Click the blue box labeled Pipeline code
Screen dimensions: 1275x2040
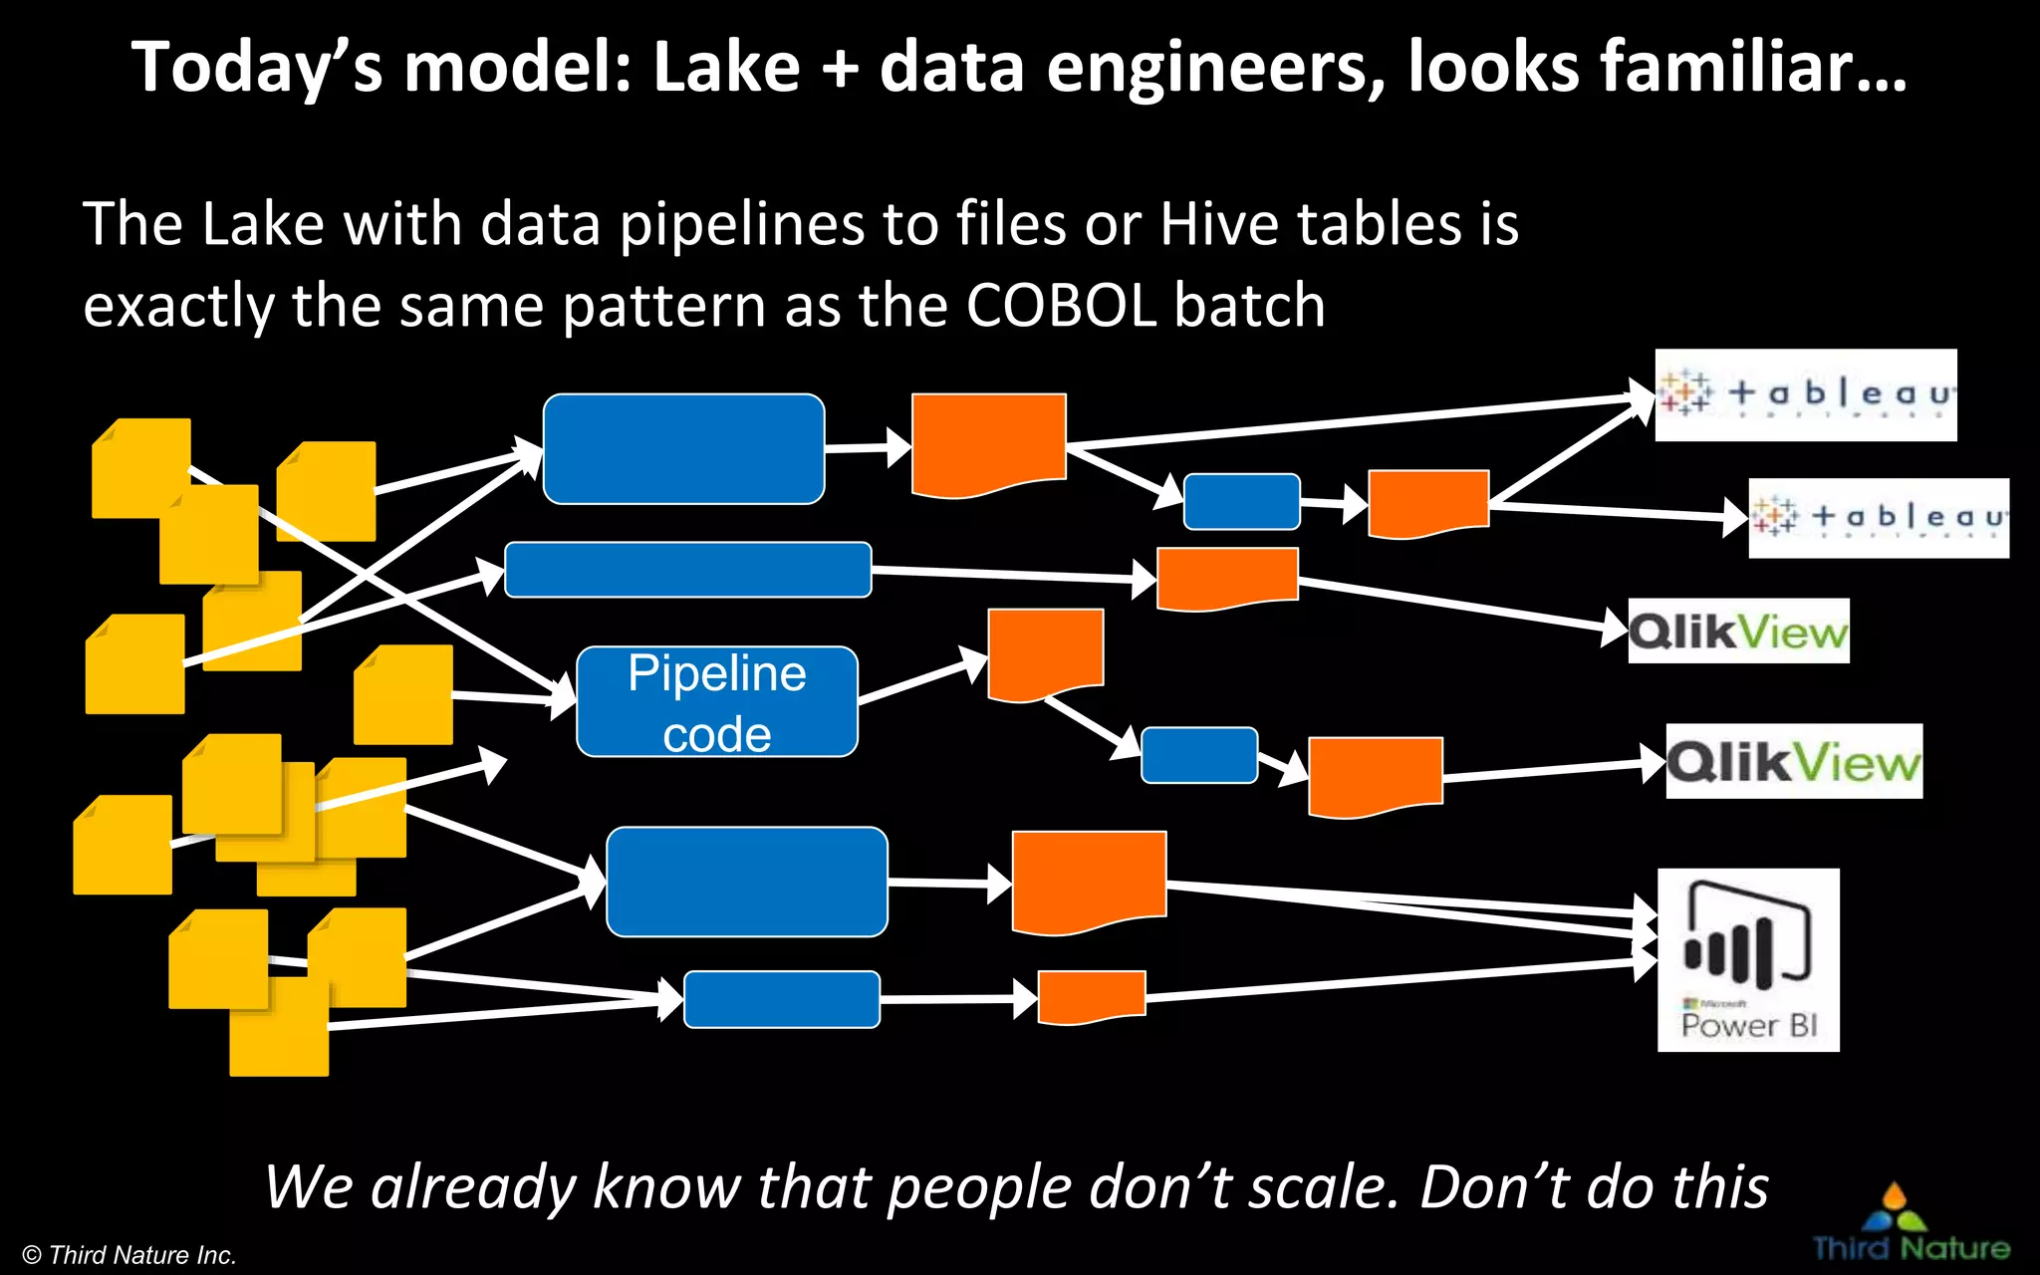[x=716, y=702]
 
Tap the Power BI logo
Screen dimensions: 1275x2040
[x=1748, y=959]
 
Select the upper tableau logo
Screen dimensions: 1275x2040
[x=1805, y=394]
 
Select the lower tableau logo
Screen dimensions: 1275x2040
[x=1879, y=518]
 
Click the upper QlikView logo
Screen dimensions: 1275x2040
[x=1738, y=632]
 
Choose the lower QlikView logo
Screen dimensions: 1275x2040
[x=1794, y=762]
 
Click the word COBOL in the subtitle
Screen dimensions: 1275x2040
[x=1061, y=305]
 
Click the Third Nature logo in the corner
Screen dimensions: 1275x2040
[x=1910, y=1225]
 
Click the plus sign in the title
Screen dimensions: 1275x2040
[x=840, y=70]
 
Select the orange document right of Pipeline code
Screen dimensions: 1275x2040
[x=1045, y=653]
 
